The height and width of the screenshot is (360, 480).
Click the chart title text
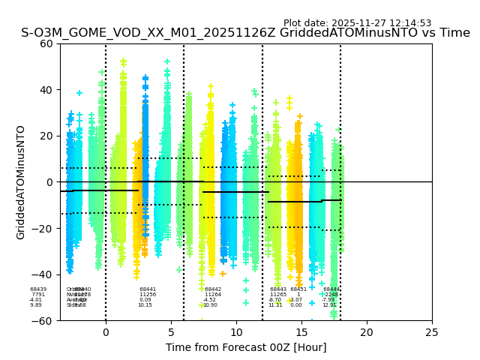point(245,33)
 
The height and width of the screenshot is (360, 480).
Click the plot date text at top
point(357,23)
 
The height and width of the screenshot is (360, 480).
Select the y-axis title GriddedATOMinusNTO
point(21,182)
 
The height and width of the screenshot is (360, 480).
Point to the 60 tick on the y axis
point(46,43)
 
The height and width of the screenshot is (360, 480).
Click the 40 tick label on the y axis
point(46,90)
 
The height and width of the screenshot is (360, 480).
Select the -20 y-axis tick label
point(43,228)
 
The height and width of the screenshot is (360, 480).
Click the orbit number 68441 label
point(148,289)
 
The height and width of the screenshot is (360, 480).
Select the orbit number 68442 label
point(213,289)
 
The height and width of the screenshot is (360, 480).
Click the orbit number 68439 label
point(38,289)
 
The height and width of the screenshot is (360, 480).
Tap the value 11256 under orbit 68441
point(148,295)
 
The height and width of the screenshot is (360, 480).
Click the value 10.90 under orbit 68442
point(210,305)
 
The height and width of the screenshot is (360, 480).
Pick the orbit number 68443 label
point(278,289)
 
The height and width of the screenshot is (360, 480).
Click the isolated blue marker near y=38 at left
point(79,93)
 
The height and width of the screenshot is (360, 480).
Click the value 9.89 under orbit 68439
point(36,305)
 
